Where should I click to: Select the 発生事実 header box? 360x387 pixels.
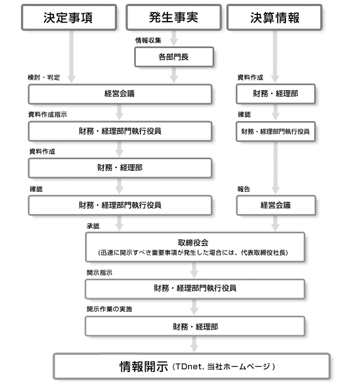[173, 17]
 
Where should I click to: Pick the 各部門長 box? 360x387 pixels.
[173, 56]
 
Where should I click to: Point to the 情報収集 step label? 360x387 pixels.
[149, 40]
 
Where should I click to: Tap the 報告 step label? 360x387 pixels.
[243, 189]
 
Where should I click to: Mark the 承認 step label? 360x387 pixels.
[92, 227]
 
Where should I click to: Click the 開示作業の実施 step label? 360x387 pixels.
[109, 309]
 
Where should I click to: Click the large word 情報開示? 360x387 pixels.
[144, 366]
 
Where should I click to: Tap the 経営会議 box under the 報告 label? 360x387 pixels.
[276, 206]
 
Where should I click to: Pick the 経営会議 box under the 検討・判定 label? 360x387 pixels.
[120, 93]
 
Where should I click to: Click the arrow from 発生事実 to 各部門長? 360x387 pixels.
[173, 38]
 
